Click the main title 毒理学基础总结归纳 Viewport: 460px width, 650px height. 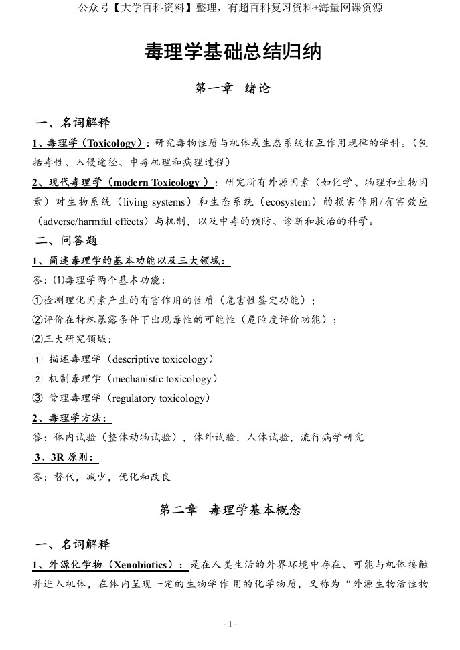(x=232, y=52)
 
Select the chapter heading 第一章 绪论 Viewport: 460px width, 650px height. (x=232, y=88)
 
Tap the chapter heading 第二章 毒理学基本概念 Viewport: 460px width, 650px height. (x=230, y=510)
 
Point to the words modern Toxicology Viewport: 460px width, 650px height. (x=158, y=182)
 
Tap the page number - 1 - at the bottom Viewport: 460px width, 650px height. (x=230, y=624)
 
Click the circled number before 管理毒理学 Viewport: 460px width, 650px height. (x=37, y=398)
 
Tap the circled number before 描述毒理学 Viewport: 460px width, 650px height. (x=37, y=359)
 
